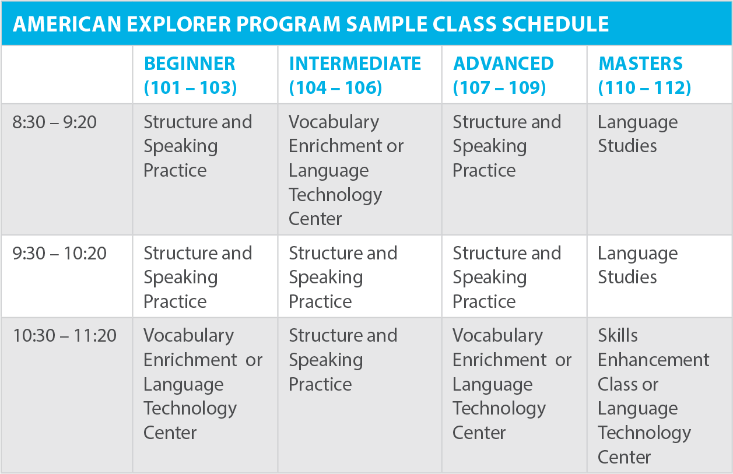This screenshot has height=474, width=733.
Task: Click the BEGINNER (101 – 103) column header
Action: tap(190, 75)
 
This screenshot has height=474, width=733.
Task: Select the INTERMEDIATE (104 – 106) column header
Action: tap(355, 75)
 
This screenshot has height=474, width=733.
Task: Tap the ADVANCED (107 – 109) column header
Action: tap(503, 75)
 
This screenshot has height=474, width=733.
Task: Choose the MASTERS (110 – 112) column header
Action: tap(644, 75)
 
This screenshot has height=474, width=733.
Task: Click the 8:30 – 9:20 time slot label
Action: tap(55, 122)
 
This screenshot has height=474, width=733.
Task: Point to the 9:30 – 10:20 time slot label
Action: tap(59, 254)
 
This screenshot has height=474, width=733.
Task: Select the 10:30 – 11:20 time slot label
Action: tap(64, 336)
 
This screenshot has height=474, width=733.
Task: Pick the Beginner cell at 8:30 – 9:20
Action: tap(198, 146)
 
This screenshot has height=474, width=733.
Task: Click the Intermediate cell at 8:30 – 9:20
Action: tap(346, 170)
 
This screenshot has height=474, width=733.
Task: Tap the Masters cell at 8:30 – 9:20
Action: tap(637, 134)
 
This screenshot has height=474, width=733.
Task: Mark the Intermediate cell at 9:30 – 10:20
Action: tap(343, 277)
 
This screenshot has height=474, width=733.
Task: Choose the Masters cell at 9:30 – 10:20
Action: tap(637, 265)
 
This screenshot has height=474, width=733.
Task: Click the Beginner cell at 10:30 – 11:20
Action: tap(203, 384)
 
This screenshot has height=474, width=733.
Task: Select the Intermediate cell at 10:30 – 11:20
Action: tap(343, 360)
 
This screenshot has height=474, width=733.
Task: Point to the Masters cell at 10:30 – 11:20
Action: tap(653, 396)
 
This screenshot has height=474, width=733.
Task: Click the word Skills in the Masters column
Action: tap(618, 336)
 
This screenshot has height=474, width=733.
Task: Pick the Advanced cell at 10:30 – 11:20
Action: tap(511, 384)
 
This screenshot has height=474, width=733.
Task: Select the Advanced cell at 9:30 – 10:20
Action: tap(507, 277)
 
